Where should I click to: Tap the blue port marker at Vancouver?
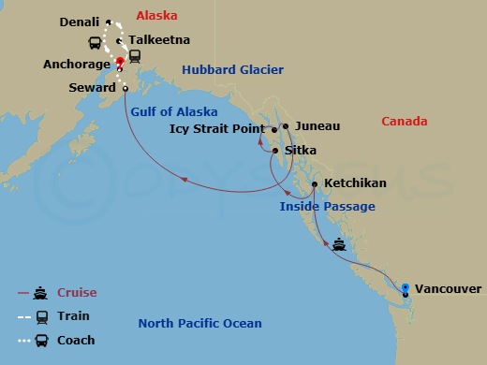406,287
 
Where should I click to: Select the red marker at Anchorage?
120,63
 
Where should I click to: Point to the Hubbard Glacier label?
232,70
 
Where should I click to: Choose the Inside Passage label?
327,206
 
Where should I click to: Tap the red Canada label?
405,122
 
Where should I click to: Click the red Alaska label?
158,16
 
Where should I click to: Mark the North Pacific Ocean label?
199,324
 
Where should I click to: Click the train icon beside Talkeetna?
136,54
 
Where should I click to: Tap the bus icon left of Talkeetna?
95,42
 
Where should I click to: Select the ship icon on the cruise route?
339,246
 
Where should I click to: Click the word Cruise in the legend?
77,293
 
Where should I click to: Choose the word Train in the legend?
73,316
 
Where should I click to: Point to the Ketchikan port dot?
315,184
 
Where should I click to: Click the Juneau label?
317,125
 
